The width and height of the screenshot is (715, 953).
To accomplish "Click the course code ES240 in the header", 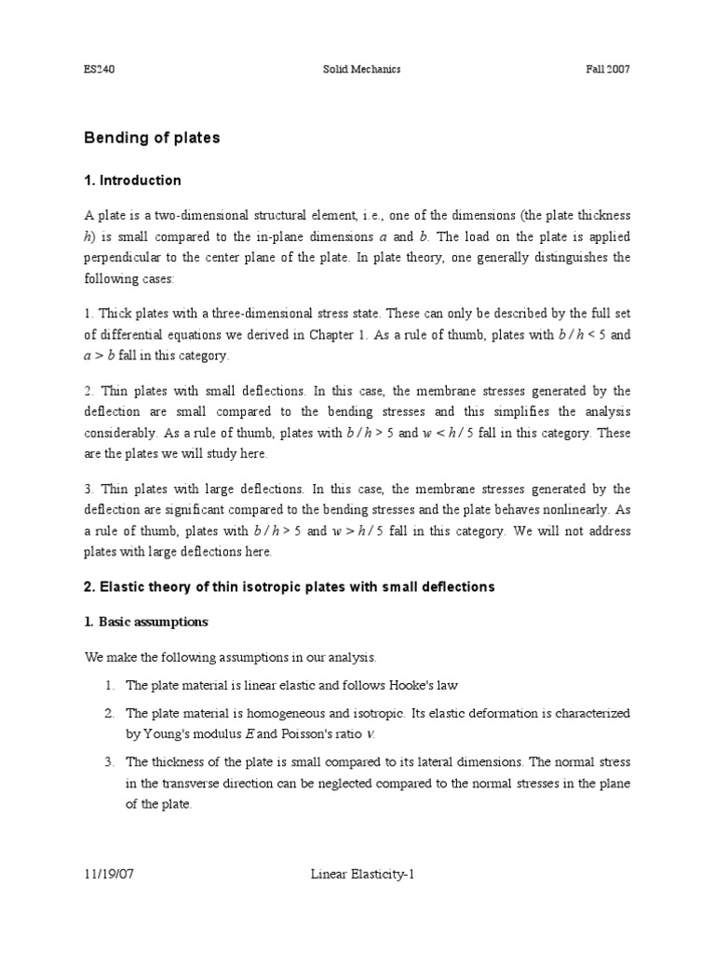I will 99,70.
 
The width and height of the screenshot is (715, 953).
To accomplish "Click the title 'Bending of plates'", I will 152,138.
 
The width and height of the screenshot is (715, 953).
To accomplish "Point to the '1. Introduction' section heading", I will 133,181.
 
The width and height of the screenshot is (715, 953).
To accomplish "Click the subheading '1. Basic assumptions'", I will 146,621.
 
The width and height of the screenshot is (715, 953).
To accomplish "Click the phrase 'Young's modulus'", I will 172,734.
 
